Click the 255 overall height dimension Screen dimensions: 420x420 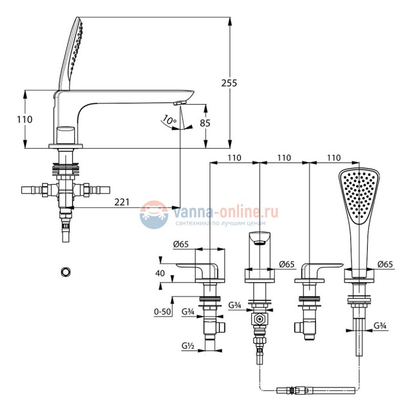(229, 83)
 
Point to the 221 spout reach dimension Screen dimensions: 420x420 (122, 202)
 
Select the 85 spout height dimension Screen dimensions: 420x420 (205, 123)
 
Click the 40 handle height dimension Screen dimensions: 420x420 (160, 273)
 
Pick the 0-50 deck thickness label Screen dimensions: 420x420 (162, 311)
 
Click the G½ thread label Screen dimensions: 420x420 (188, 346)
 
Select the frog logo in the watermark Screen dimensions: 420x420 (154, 215)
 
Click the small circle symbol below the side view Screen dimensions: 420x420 (65, 272)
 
